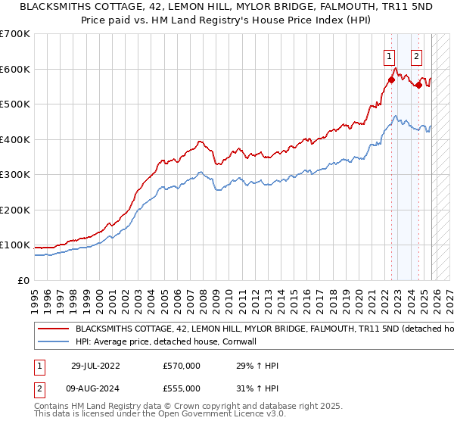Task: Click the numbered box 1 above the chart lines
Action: coord(389,55)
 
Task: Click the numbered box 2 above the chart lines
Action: coord(417,55)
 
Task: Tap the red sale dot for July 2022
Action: coord(391,79)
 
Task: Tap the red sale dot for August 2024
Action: coord(418,85)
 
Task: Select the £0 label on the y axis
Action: coord(23,280)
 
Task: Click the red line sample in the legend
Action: coord(53,329)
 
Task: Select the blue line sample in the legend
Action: coord(53,342)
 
